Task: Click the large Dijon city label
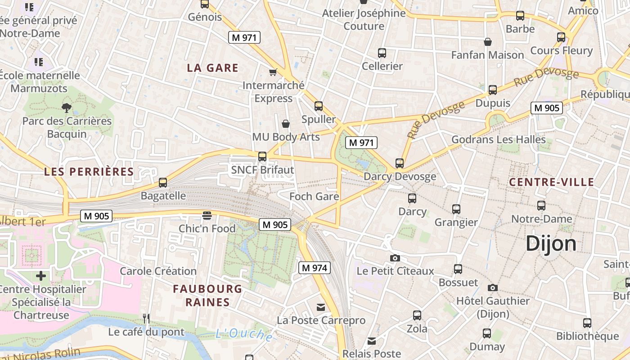pyautogui.click(x=551, y=243)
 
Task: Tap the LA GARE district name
pyautogui.click(x=212, y=68)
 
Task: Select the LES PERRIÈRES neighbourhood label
pyautogui.click(x=89, y=171)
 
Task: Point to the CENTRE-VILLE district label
pyautogui.click(x=551, y=182)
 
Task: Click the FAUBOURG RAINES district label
pyautogui.click(x=207, y=295)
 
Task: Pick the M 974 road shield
pyautogui.click(x=315, y=268)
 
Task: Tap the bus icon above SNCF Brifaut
pyautogui.click(x=262, y=157)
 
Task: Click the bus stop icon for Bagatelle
pyautogui.click(x=163, y=183)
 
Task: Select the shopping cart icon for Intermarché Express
pyautogui.click(x=273, y=72)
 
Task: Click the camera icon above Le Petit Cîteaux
pyautogui.click(x=395, y=258)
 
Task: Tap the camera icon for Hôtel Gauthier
pyautogui.click(x=493, y=288)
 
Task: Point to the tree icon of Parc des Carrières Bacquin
pyautogui.click(x=67, y=108)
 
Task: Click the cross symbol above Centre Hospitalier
pyautogui.click(x=41, y=275)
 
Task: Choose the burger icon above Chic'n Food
pyautogui.click(x=207, y=216)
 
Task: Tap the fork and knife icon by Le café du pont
pyautogui.click(x=146, y=319)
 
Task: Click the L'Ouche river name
pyautogui.click(x=243, y=335)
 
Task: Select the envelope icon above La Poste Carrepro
pyautogui.click(x=321, y=307)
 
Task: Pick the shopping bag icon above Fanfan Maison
pyautogui.click(x=487, y=42)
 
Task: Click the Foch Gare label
pyautogui.click(x=314, y=196)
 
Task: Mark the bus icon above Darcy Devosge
pyautogui.click(x=400, y=163)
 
